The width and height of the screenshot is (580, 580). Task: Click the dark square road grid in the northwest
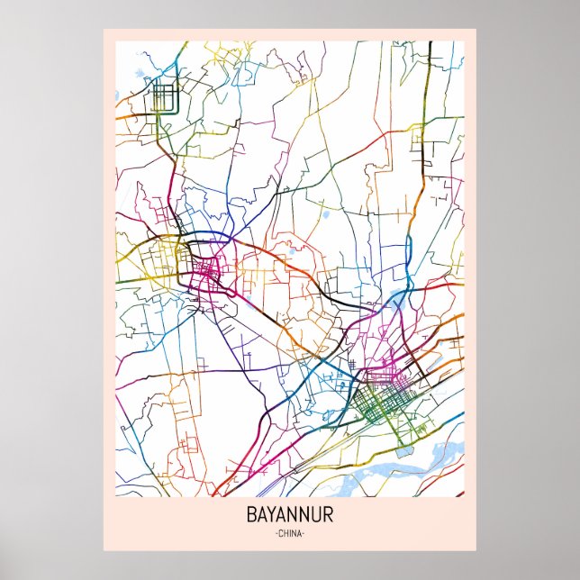[165, 96]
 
